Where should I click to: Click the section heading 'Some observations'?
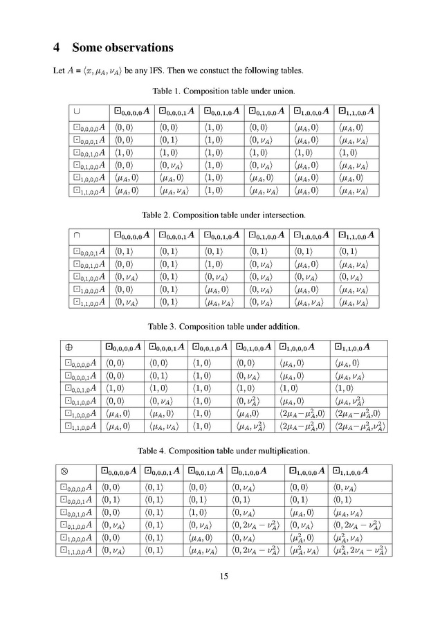tap(122, 48)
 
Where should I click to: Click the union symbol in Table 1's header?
tap(77, 111)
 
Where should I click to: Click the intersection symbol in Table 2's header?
tap(77, 235)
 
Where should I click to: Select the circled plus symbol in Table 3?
tap(68, 346)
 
